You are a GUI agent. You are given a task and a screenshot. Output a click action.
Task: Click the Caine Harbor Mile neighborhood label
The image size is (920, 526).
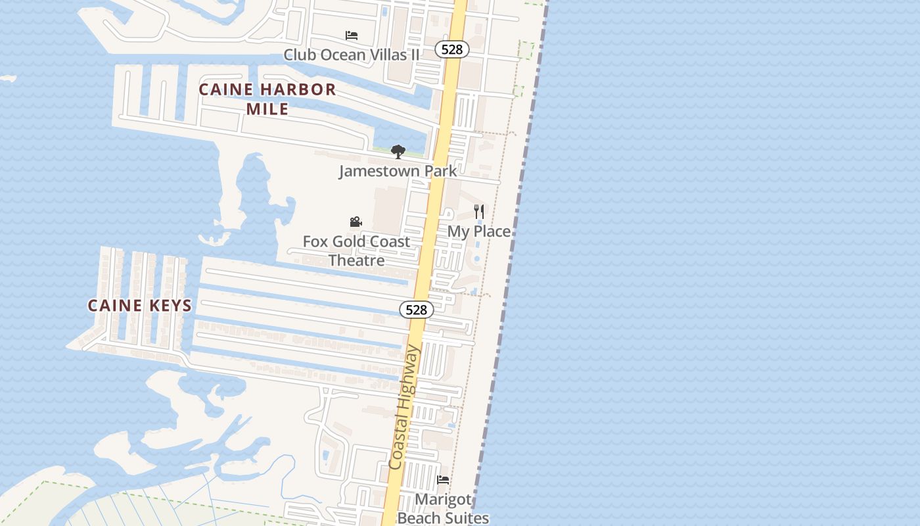267,99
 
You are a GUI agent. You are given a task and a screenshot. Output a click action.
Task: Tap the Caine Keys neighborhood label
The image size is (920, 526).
140,305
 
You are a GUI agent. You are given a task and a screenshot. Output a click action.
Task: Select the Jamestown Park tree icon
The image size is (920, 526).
398,152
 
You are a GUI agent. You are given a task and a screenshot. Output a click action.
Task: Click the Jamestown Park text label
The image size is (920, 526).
398,172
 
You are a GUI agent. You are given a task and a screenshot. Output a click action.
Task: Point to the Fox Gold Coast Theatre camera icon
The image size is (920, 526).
356,222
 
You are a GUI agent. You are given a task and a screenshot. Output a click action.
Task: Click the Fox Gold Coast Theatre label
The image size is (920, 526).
356,251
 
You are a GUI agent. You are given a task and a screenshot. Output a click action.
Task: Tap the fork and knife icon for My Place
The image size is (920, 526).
479,212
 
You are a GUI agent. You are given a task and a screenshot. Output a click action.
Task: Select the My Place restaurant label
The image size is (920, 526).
479,231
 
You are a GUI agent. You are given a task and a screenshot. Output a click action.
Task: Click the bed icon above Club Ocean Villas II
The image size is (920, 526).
352,35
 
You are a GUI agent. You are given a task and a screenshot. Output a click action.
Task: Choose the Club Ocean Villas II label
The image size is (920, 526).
351,55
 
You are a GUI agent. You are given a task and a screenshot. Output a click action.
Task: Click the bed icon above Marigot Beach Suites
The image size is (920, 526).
443,480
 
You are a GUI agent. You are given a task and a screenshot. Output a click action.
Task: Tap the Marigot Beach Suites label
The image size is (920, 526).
444,509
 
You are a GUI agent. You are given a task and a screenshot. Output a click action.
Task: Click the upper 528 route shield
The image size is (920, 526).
452,49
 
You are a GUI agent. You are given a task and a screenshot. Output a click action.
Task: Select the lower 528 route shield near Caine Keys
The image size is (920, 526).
416,310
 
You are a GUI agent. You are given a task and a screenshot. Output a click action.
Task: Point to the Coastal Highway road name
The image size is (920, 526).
404,408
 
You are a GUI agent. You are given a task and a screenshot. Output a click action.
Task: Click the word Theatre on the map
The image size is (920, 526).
356,260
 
